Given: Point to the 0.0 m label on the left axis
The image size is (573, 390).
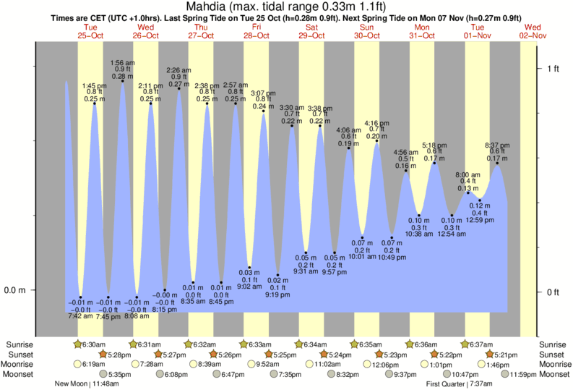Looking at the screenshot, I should pos(16,291).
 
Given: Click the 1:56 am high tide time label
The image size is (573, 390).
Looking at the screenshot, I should pos(123,62).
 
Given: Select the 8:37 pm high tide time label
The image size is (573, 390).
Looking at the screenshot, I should pos(498,144).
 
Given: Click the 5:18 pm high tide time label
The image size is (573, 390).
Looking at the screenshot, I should pos(434,145).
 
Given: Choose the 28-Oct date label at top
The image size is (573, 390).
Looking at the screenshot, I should pos(257,35).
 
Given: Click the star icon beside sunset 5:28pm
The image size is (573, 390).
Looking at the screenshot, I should pos(103,355).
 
